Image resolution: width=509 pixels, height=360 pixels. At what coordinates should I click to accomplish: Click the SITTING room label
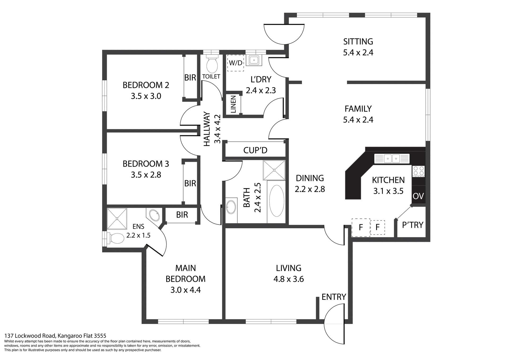tap(358, 42)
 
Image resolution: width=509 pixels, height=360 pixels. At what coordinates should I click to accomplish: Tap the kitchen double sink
tap(392, 159)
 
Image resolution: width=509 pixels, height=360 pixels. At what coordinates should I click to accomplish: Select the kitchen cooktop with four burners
tap(418, 171)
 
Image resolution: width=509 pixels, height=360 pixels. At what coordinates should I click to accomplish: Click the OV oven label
tap(418, 196)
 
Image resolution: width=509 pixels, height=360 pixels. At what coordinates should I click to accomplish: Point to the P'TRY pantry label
tap(413, 225)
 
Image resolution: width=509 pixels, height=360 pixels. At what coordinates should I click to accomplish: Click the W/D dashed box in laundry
tap(235, 63)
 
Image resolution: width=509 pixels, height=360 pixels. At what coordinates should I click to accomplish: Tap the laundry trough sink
tap(254, 60)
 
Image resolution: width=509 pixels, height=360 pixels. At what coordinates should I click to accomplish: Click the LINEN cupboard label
tap(233, 104)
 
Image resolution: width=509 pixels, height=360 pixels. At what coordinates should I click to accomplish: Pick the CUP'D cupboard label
tap(255, 150)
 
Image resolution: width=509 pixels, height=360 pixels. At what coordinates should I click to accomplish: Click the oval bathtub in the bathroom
tap(277, 201)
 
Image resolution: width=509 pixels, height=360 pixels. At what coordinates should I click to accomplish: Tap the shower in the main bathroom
tap(274, 170)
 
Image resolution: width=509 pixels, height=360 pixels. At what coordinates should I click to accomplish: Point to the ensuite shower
tap(117, 219)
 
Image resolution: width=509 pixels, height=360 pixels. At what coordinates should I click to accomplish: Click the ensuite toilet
tap(116, 238)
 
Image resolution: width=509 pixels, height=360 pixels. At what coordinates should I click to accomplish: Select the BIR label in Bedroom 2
tap(190, 78)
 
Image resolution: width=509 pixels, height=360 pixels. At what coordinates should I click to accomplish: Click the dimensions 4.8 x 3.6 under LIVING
tap(288, 279)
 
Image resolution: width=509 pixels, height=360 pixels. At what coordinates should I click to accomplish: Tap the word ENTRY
tap(334, 297)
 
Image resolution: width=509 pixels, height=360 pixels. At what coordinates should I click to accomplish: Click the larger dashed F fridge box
tap(361, 227)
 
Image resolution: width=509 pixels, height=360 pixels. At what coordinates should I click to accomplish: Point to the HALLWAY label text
tap(207, 129)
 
